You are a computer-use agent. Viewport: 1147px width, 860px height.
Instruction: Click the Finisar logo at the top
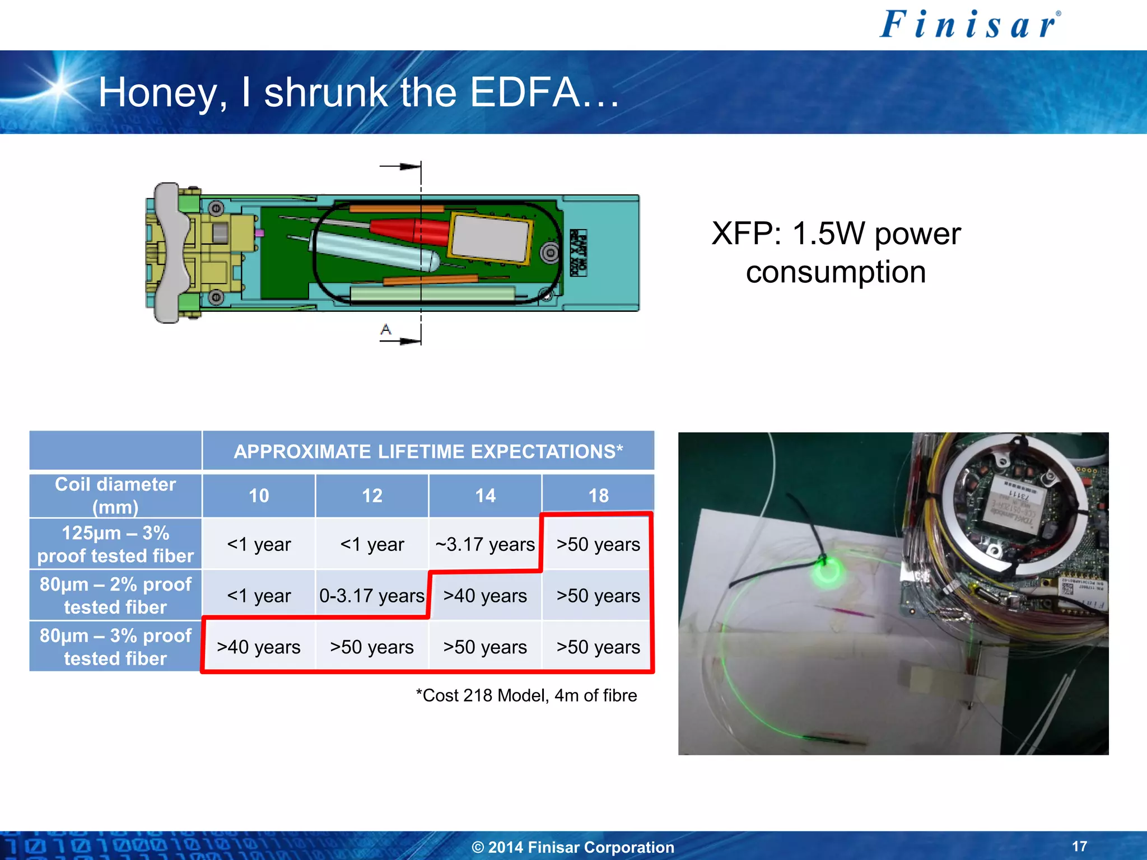coord(969,25)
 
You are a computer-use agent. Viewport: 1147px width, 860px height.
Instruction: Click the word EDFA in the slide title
coord(524,92)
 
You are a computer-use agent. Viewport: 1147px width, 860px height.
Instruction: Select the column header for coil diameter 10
coord(259,496)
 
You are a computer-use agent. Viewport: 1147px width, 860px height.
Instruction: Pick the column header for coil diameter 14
coord(485,496)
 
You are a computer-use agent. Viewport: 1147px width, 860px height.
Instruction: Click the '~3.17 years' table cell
coord(485,544)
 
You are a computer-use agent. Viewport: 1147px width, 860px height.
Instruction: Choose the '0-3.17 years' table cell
coord(372,596)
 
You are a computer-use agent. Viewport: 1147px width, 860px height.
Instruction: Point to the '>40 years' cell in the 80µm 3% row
coord(259,647)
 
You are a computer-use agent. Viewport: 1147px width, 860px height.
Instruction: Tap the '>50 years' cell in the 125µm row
coord(598,544)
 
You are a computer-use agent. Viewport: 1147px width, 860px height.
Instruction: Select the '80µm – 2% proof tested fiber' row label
coord(115,596)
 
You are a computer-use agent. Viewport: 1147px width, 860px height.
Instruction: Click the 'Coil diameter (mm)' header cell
coord(115,496)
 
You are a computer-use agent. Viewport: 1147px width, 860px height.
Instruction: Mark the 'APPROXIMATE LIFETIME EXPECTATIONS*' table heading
coord(428,451)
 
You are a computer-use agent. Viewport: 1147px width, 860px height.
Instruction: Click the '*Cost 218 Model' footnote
coord(526,695)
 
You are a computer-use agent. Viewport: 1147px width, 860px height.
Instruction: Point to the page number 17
coord(1079,846)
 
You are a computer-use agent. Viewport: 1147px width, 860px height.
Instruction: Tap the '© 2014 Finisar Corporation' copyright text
coord(573,847)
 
